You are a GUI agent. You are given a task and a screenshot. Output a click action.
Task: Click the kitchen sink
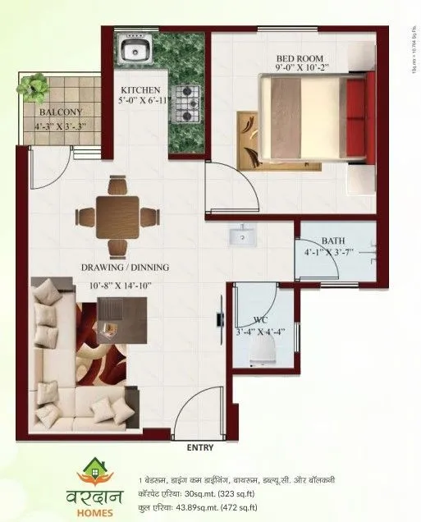[132, 51]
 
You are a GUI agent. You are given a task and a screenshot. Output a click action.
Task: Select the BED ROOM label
[298, 57]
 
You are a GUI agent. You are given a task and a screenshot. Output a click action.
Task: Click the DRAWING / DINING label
[126, 268]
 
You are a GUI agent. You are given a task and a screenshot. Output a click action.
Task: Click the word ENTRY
[200, 448]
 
